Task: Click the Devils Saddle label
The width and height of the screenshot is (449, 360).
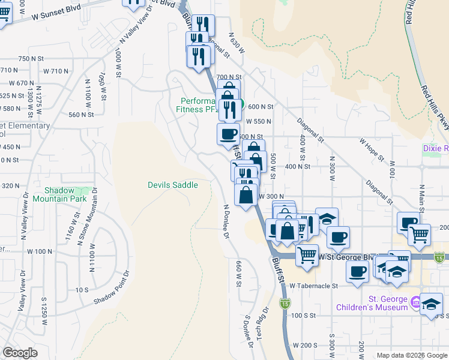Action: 173,185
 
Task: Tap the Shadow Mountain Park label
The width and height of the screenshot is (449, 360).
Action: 59,194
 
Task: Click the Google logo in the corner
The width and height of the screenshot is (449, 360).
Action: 20,353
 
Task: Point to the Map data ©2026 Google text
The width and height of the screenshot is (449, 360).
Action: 411,355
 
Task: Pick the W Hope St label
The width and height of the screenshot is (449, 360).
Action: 371,150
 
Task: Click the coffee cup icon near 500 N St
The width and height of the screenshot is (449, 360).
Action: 228,133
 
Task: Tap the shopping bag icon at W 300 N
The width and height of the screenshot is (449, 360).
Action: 246,194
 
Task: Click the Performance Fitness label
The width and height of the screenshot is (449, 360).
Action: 201,106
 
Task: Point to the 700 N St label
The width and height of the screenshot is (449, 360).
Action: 229,77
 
